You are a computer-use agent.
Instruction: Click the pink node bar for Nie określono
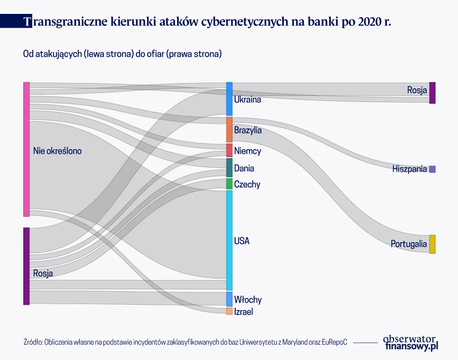[x=26, y=149]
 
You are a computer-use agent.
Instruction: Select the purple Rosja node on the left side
[x=26, y=266]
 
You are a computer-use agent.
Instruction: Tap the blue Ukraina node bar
[x=229, y=99]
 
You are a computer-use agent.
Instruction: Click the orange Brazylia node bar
[x=229, y=129]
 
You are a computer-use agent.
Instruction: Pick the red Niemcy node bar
[x=229, y=150]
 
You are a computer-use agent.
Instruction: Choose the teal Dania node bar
[x=229, y=168]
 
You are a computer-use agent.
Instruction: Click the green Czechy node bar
[x=229, y=184]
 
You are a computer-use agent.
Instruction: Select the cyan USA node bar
[x=229, y=240]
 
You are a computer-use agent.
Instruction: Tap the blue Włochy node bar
[x=229, y=299]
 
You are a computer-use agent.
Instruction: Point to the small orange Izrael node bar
[x=229, y=311]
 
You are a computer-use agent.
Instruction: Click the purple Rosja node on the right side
[x=432, y=93]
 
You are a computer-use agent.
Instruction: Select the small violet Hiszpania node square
[x=432, y=169]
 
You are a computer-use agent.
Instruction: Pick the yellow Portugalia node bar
[x=432, y=244]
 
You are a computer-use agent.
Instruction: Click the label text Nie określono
[x=57, y=151]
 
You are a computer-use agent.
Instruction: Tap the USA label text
[x=242, y=241]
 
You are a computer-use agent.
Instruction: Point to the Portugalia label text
[x=409, y=244]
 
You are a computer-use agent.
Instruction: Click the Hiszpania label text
[x=409, y=169]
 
